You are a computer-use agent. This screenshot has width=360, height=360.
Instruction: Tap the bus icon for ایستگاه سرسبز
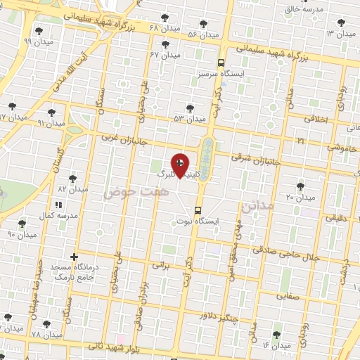221,62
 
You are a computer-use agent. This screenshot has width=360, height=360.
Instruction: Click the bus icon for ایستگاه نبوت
198,210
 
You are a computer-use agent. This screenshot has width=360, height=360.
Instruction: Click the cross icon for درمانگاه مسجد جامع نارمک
74,257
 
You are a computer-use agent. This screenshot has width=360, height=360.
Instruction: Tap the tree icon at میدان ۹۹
38,31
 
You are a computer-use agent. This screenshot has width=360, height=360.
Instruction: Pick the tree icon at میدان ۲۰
300,186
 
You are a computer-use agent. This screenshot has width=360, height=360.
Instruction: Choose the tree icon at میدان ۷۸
46,324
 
